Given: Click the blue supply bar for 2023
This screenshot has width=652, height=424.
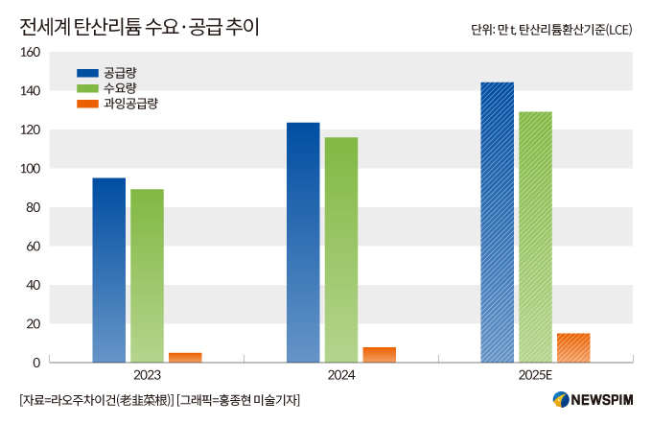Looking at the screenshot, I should [108, 271].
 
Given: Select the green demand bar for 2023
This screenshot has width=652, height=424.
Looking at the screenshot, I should [147, 276].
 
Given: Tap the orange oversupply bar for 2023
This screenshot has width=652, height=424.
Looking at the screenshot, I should [185, 358].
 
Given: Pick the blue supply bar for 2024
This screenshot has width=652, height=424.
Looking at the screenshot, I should [303, 243].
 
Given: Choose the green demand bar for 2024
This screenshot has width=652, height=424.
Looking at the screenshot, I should [340, 250].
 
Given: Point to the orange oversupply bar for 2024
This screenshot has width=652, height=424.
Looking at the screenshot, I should [380, 355].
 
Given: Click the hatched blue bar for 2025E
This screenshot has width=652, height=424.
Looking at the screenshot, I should [497, 223].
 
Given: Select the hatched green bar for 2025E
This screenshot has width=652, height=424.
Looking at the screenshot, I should [535, 237].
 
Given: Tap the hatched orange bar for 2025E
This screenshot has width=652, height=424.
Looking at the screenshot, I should [573, 348].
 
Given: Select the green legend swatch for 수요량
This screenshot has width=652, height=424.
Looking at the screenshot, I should [87, 88].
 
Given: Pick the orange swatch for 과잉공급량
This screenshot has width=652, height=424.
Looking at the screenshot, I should [87, 103].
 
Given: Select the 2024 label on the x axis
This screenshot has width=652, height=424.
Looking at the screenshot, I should [340, 375].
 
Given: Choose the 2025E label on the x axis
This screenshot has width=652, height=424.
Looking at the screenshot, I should [535, 375].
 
